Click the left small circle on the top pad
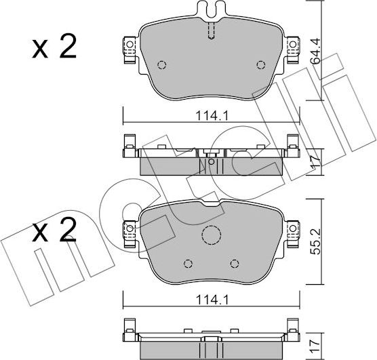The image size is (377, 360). (161, 65)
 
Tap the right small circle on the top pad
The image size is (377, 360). (261, 65)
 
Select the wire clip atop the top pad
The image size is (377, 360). (211, 10)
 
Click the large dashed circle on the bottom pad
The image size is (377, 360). (211, 235)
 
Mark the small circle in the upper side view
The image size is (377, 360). (211, 162)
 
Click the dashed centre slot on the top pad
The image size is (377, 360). (211, 31)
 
